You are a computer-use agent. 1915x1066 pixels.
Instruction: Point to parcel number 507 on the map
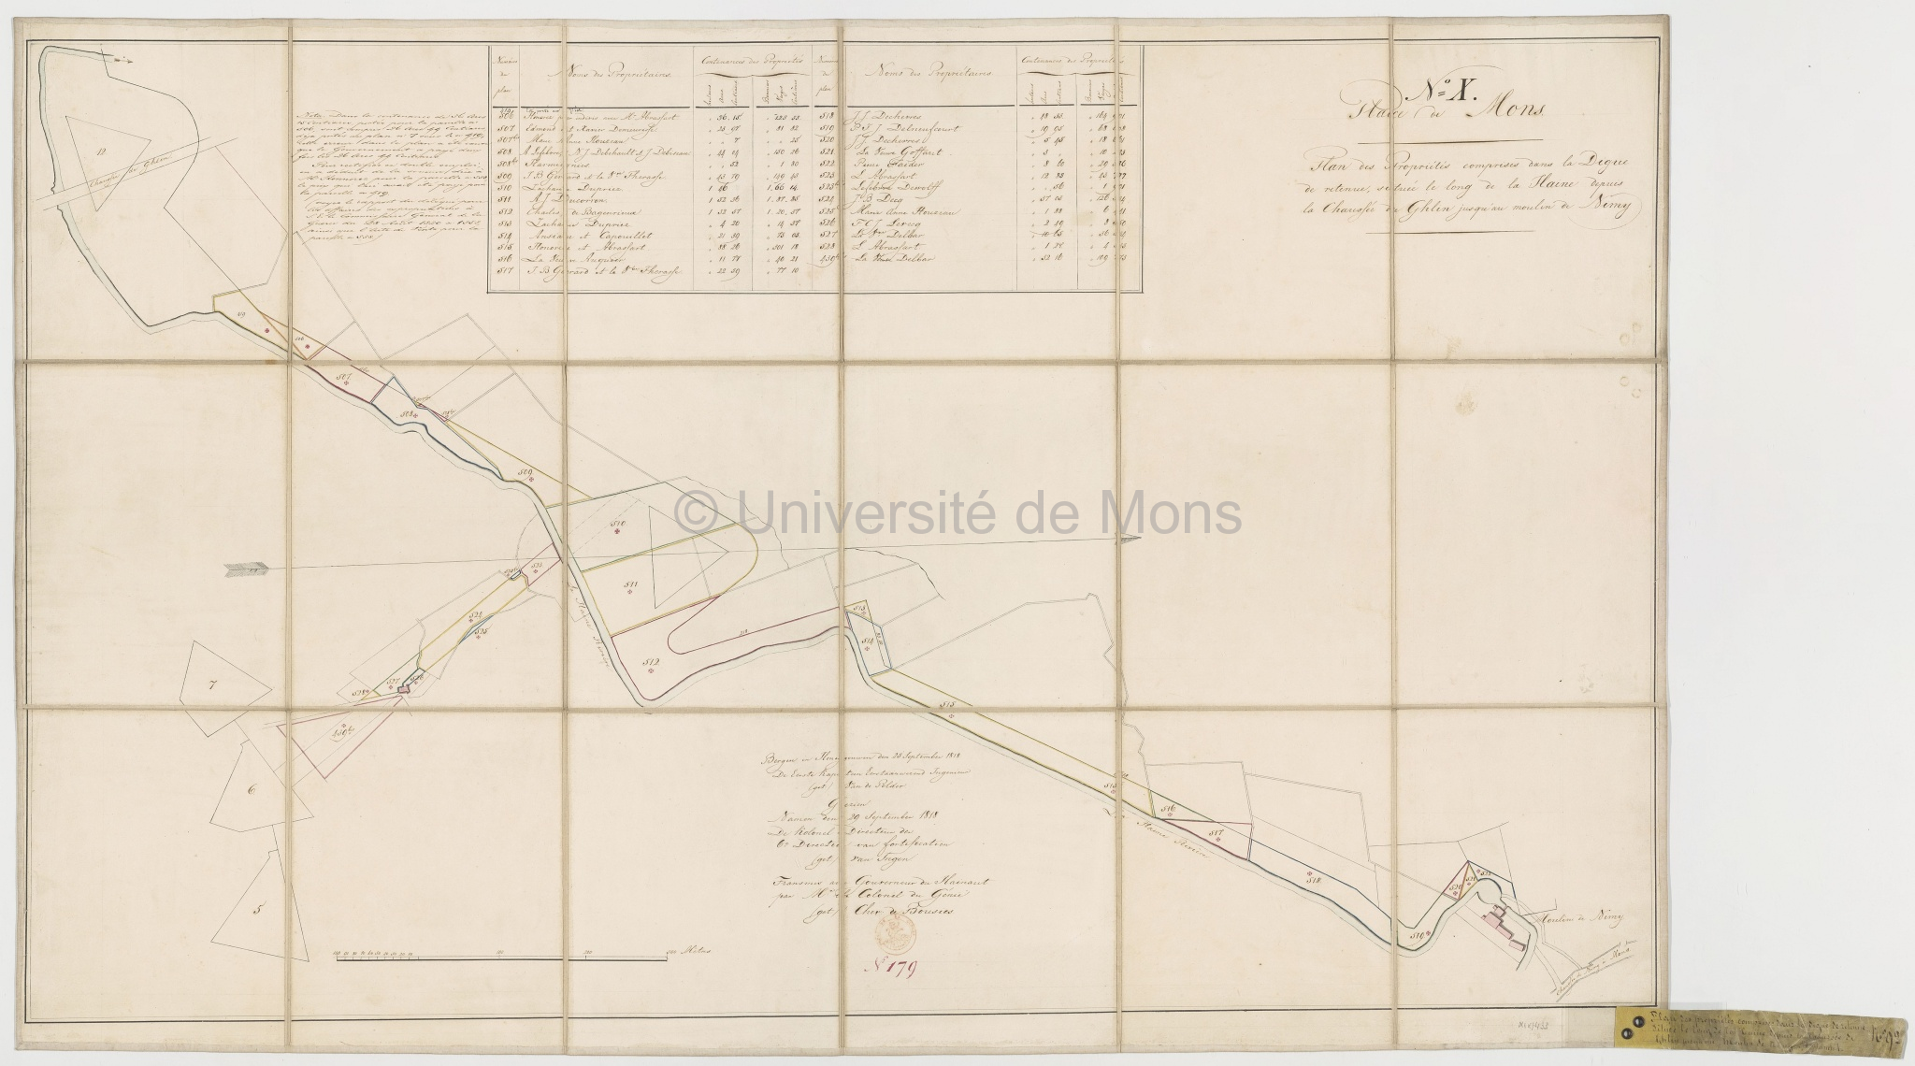click(343, 379)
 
